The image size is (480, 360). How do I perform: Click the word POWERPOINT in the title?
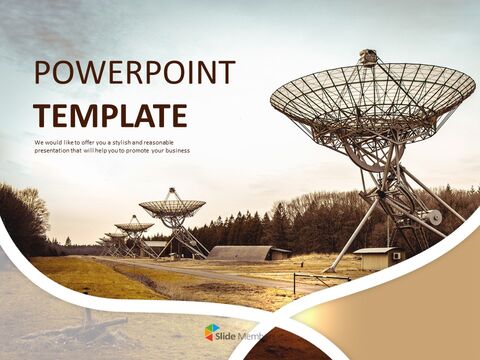[135, 73]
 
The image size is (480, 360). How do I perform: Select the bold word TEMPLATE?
[110, 115]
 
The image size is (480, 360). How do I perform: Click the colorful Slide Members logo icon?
[213, 332]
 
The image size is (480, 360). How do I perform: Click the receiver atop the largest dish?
[368, 58]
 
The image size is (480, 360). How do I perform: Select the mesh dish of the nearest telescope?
[372, 95]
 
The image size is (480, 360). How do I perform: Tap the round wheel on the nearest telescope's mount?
[433, 217]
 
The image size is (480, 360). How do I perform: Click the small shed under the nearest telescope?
[374, 258]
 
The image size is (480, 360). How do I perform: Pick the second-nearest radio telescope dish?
[172, 208]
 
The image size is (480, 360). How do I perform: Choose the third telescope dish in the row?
[133, 226]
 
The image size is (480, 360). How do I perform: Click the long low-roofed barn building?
[241, 253]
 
